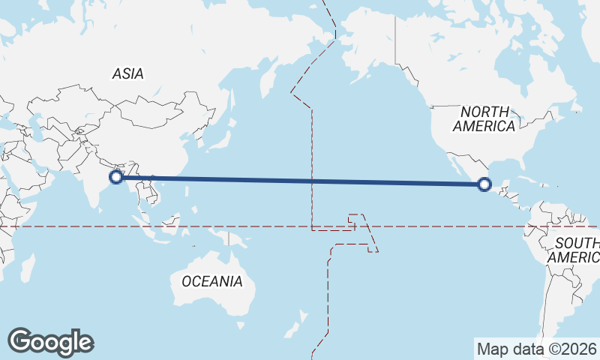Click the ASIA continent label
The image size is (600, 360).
(127, 73)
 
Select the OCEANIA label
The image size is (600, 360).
(212, 281)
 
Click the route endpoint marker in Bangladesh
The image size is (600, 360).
(116, 177)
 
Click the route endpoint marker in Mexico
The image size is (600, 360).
(484, 184)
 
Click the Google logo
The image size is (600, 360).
(51, 342)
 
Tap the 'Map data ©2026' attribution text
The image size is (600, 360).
(535, 349)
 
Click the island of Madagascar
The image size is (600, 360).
(27, 267)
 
